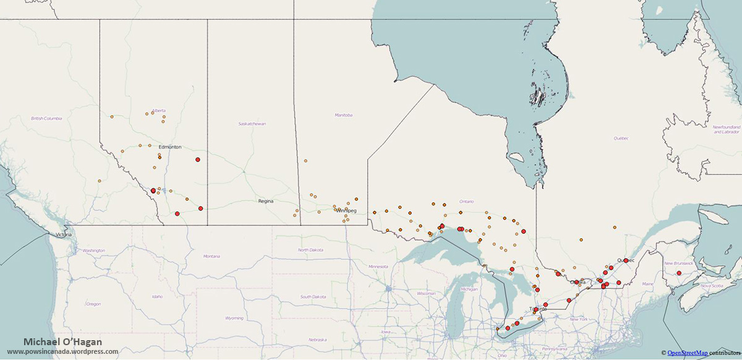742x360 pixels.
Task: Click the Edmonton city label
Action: [x=169, y=147]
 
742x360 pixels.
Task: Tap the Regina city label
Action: [x=266, y=201]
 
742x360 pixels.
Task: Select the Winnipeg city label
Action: [x=346, y=210]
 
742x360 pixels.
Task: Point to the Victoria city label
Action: [x=63, y=235]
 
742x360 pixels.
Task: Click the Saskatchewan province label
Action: [x=252, y=124]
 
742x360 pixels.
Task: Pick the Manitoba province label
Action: [x=343, y=115]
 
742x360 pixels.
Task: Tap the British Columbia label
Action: [x=46, y=118]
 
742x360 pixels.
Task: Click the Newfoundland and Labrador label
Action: [x=726, y=129]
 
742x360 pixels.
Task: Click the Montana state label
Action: [x=211, y=256]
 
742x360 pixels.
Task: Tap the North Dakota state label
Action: [x=310, y=250]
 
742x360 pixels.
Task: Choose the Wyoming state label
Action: [x=234, y=318]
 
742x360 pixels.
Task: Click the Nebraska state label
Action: [x=317, y=340]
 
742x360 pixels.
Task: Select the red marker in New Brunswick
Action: [x=679, y=273]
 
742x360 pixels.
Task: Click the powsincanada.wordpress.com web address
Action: [x=62, y=351]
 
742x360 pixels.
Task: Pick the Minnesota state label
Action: [x=378, y=266]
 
